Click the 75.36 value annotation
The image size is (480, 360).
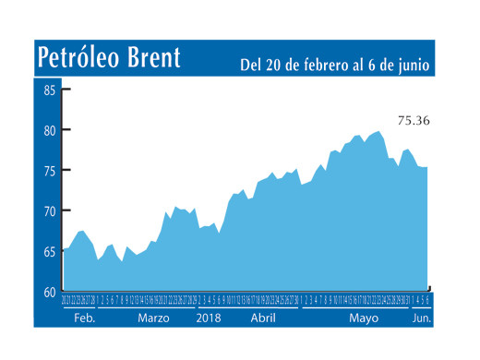coord(414,120)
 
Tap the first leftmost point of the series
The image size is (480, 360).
coord(63,250)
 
